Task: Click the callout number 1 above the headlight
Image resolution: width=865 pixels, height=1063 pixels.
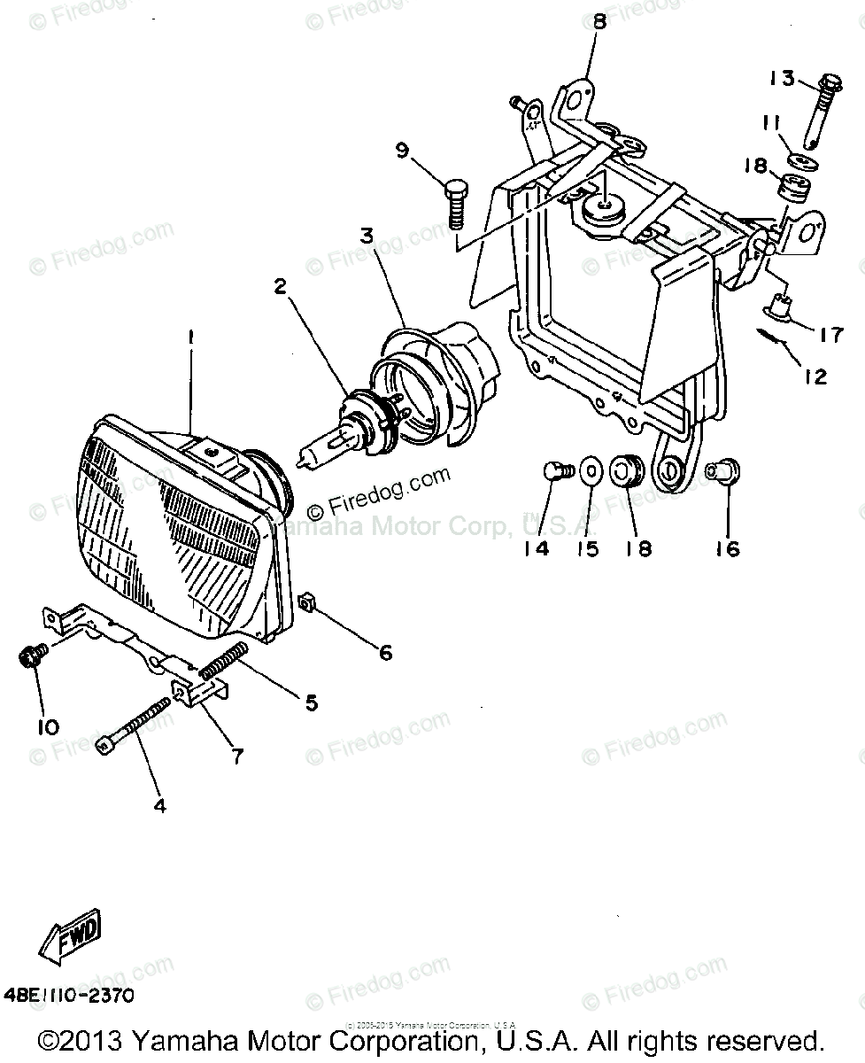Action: (189, 337)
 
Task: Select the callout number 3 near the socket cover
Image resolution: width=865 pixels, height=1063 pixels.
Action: (367, 236)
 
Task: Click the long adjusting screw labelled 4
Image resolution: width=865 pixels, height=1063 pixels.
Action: (134, 725)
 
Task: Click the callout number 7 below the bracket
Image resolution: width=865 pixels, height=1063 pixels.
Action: (236, 756)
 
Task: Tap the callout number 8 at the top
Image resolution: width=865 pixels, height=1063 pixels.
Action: (600, 22)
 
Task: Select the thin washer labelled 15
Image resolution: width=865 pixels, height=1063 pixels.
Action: (588, 469)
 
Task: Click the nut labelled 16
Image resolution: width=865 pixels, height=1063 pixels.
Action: (722, 472)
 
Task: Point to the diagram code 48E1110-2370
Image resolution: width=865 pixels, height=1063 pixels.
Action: (69, 996)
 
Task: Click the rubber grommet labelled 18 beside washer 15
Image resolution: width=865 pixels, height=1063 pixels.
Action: (626, 470)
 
